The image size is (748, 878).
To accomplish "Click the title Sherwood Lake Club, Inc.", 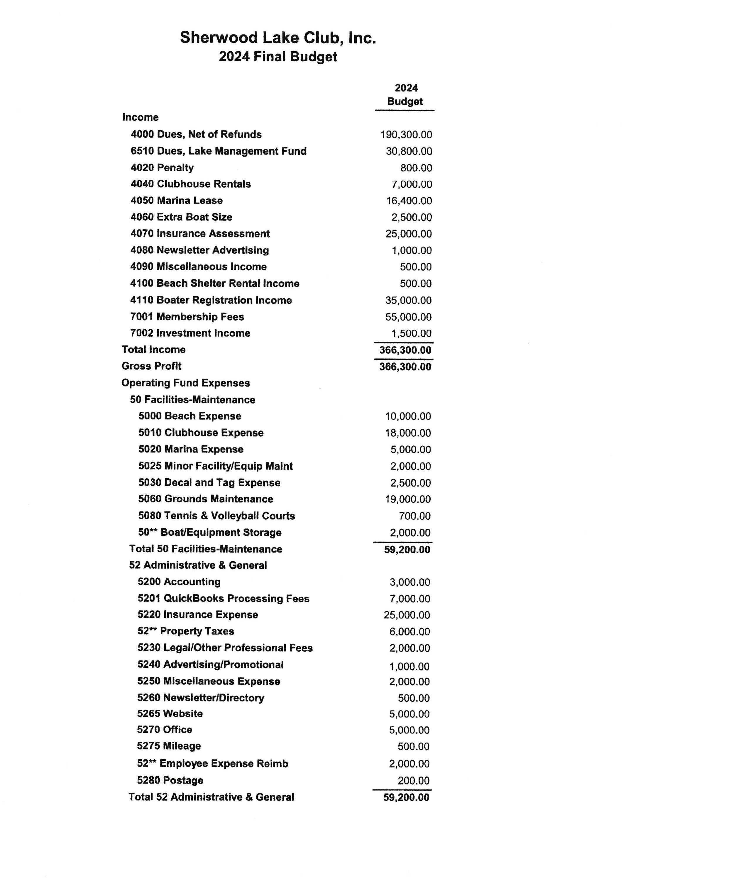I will coord(277,38).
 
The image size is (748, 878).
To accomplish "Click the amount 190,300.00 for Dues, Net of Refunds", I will coord(406,135).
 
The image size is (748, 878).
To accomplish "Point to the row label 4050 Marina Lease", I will coord(176,200).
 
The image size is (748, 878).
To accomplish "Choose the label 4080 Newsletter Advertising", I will coord(199,250).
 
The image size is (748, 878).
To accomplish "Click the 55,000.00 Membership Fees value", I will coord(408,317).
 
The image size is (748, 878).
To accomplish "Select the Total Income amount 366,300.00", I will coord(405,350).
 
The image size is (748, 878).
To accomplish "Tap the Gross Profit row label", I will coord(151,366).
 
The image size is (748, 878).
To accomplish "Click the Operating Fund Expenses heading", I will coord(186,383).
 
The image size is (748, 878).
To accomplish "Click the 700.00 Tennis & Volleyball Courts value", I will coord(414,516).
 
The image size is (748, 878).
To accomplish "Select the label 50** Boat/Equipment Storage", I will coord(210,532).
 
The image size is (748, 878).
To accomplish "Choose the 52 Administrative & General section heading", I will coord(198,565).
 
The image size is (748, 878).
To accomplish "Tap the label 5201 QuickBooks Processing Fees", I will coord(223,598).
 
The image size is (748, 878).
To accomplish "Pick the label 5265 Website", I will coord(170,713).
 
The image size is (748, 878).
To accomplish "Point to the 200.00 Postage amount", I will coord(413,781).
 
